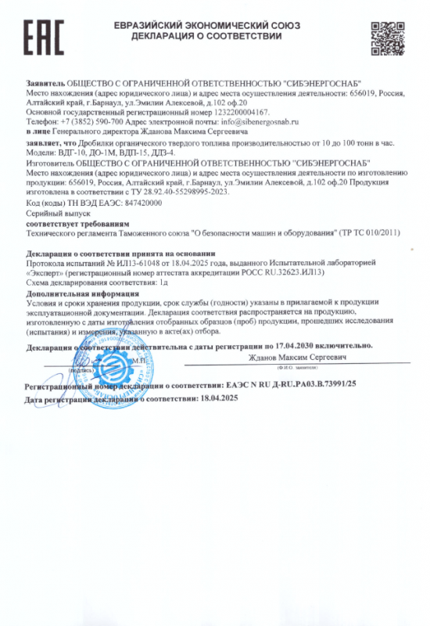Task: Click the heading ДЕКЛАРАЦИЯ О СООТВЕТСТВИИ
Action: (206, 36)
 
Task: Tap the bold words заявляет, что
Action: (52, 144)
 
